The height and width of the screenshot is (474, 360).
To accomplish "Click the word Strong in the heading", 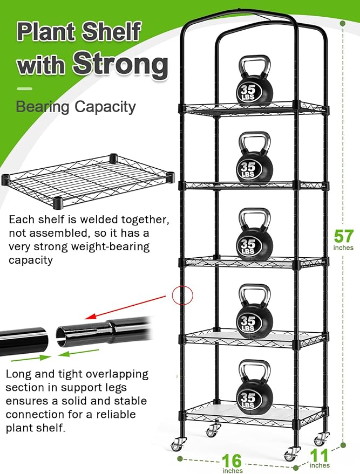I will tap(120, 64).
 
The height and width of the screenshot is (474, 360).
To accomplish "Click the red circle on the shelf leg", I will tap(182, 294).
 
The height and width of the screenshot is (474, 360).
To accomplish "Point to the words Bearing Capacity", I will tap(76, 106).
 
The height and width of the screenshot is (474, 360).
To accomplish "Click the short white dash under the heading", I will tap(24, 88).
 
